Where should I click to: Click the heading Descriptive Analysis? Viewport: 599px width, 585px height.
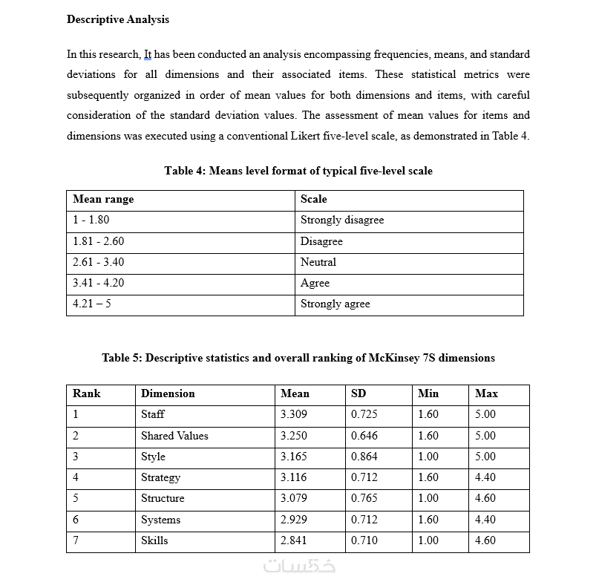click(118, 19)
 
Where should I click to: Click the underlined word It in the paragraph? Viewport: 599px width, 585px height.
click(147, 54)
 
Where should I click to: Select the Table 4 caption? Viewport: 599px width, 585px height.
click(298, 171)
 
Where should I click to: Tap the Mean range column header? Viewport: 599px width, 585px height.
click(103, 199)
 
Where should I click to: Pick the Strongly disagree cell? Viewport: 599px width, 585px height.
click(342, 220)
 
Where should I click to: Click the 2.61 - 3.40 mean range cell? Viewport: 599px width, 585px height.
click(99, 262)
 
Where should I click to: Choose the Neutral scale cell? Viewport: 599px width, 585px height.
click(318, 262)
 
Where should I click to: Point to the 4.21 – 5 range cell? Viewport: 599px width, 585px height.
click(93, 304)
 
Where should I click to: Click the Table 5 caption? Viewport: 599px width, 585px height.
click(298, 358)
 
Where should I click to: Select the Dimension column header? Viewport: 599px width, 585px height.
click(168, 393)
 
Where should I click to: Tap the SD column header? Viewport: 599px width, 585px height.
click(359, 393)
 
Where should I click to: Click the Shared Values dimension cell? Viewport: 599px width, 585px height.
click(174, 436)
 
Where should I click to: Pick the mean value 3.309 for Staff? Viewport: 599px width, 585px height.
click(294, 414)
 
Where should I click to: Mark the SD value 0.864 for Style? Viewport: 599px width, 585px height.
click(364, 457)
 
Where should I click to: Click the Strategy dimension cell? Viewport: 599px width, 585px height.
click(160, 477)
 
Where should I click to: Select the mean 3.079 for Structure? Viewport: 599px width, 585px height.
click(294, 498)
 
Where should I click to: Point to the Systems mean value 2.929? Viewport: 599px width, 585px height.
click(294, 520)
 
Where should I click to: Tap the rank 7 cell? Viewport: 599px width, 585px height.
click(76, 540)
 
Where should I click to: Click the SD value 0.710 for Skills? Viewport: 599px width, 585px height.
click(364, 540)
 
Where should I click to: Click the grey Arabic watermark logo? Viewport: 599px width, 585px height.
click(300, 566)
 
